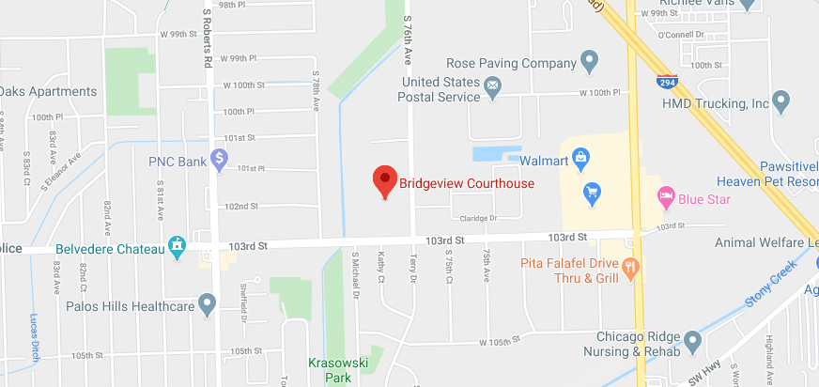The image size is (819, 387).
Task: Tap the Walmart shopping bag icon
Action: tap(580, 157)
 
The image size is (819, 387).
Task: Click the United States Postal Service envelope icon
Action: tap(493, 87)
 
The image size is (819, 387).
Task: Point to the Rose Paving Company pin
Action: tap(590, 63)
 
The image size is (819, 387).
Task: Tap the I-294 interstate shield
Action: tap(667, 82)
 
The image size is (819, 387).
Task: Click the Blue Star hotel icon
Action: tap(666, 197)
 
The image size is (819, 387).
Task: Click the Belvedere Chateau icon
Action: tap(176, 246)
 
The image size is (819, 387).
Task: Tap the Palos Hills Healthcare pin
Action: tap(207, 304)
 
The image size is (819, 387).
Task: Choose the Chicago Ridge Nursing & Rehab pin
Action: tap(692, 339)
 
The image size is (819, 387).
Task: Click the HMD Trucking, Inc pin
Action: tap(780, 101)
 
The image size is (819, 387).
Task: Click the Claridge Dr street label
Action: tap(477, 218)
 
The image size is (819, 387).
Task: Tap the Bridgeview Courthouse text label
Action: tap(467, 184)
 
